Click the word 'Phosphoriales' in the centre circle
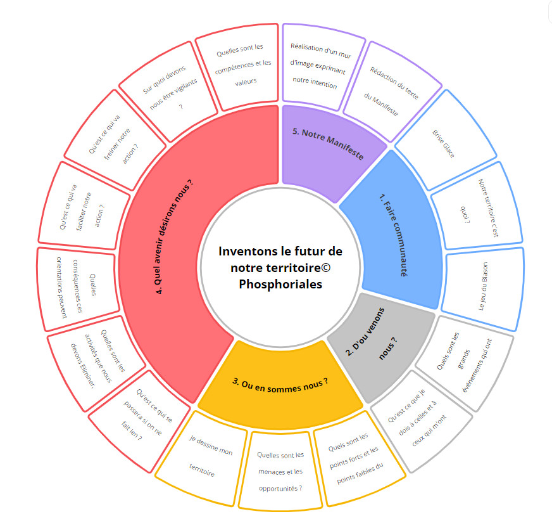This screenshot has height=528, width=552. tap(280, 285)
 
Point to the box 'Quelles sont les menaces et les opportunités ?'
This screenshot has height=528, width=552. tap(280, 472)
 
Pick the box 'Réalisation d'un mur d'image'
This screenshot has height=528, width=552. tap(315, 63)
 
